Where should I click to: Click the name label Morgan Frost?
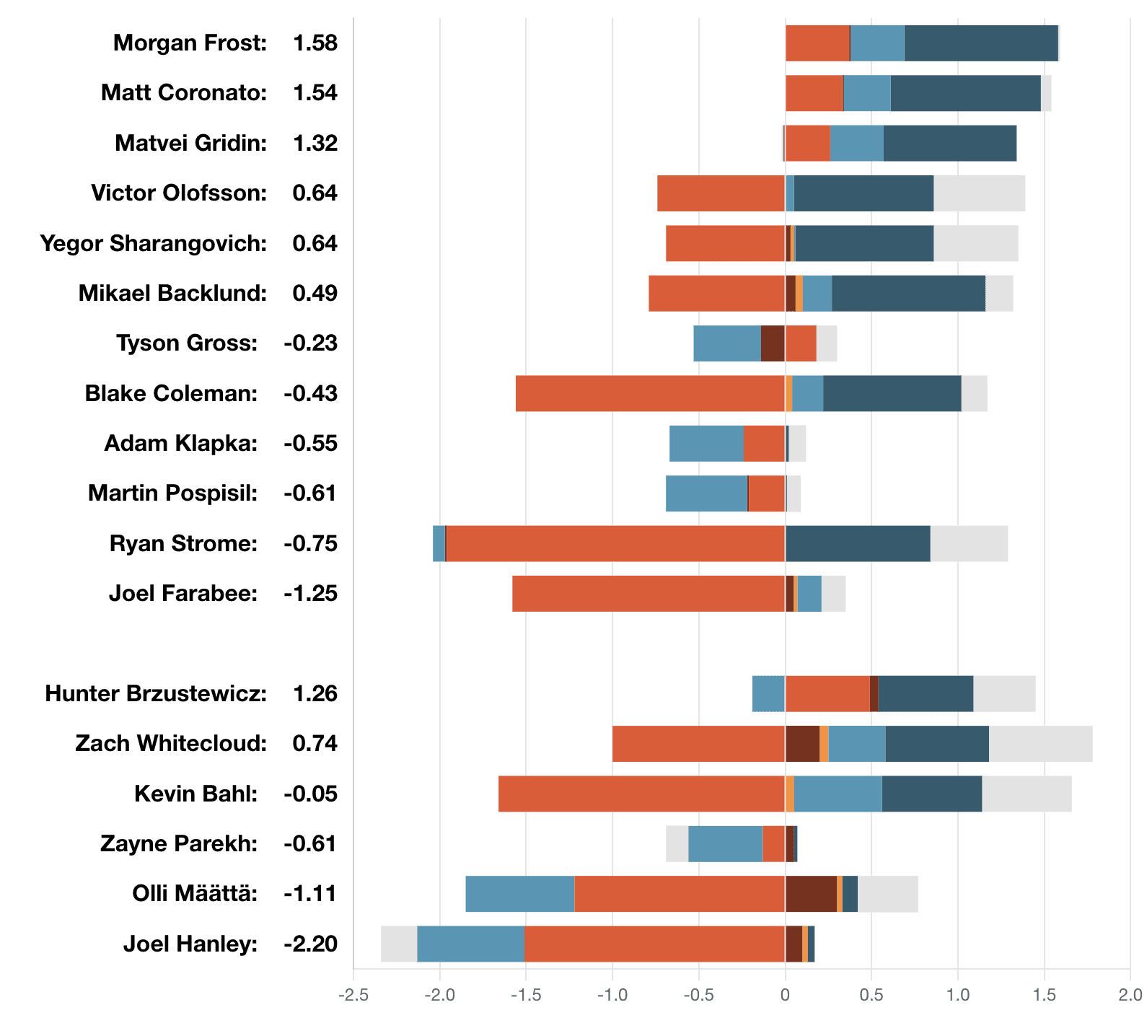190,43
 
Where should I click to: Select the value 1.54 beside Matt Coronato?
315,93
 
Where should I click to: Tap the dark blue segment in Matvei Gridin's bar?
949,144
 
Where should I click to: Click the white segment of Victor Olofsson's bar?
979,193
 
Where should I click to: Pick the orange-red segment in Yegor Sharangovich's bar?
725,244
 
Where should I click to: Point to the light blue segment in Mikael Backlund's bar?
817,294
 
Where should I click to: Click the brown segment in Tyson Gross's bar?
773,343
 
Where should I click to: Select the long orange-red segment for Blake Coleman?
650,394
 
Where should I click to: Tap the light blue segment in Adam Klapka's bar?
706,444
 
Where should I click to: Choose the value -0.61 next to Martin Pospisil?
310,493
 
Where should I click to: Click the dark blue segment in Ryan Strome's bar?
857,544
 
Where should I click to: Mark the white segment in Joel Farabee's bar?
833,594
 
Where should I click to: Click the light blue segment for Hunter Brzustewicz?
768,694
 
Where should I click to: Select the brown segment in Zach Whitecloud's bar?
802,744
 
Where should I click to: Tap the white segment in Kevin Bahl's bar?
1026,794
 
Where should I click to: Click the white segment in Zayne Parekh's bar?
677,844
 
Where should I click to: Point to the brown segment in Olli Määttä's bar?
811,894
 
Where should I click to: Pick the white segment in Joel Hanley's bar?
399,944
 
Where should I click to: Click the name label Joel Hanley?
190,944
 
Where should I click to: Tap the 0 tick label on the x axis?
785,996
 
